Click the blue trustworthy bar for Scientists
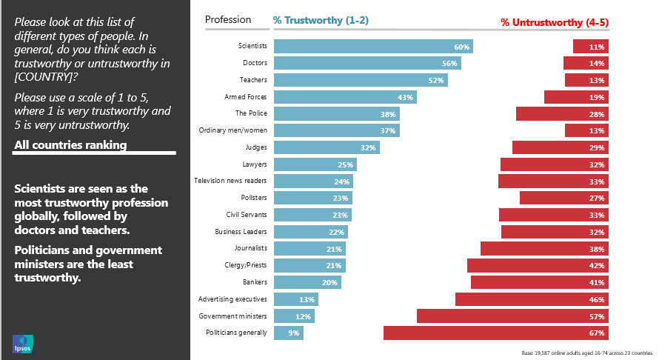pos(372,46)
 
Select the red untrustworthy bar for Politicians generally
pos(495,333)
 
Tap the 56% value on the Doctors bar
pos(449,64)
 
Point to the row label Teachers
pos(253,80)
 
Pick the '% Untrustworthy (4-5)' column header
pos(555,22)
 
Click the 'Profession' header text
pos(228,20)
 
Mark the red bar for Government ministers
pos(512,316)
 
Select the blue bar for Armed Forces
pos(345,97)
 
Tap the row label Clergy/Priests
pos(246,264)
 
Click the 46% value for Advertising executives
pos(597,299)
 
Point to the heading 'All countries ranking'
pos(70,144)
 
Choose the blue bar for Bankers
pos(307,282)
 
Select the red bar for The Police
pos(562,113)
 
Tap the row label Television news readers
pos(230,181)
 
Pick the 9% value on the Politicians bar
pos(294,333)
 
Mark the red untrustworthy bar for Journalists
pos(544,248)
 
